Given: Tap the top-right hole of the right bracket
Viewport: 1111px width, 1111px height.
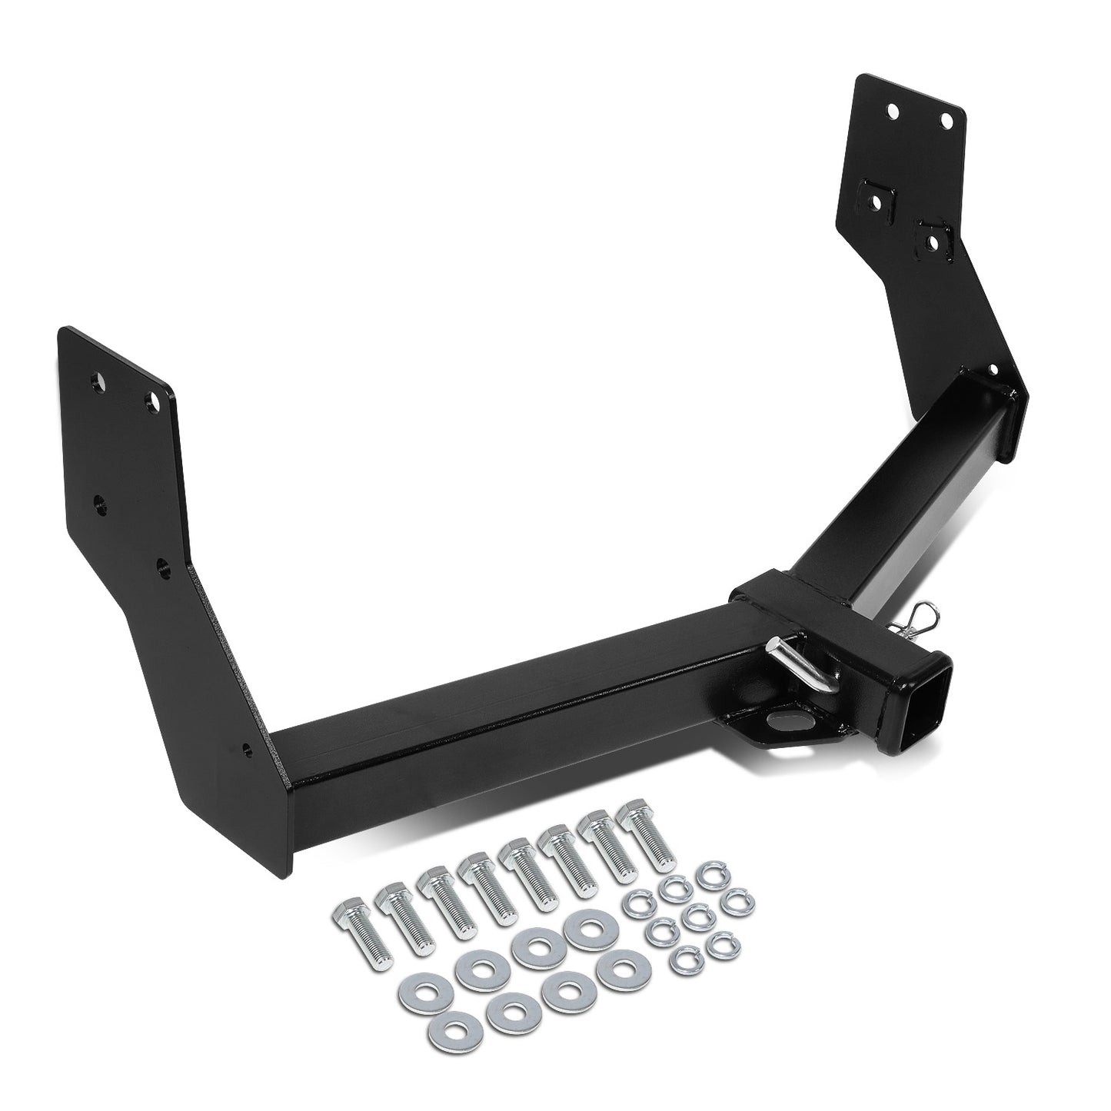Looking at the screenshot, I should pyautogui.click(x=946, y=121).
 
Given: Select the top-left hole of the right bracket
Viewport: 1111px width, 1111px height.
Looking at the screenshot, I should pyautogui.click(x=893, y=111).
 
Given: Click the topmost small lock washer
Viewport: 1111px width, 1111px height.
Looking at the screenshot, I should pyautogui.click(x=707, y=875).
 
